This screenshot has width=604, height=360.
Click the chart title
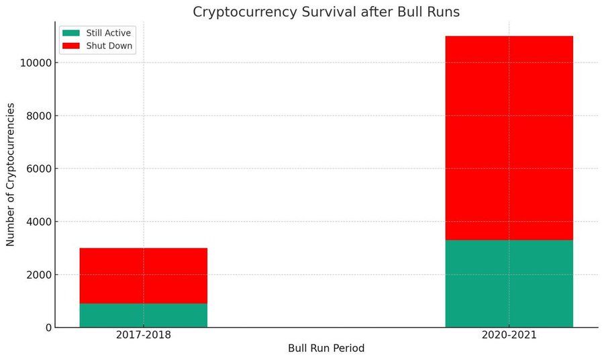(326, 12)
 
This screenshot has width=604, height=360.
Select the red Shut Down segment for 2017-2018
(143, 275)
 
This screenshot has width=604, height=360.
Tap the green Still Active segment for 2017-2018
(143, 315)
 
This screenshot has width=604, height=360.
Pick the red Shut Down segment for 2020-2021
(509, 138)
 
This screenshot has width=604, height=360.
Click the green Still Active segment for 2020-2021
(509, 283)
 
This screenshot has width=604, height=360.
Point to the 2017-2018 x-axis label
(143, 335)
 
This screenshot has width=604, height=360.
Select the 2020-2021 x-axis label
(509, 335)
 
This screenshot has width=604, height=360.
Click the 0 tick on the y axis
(47, 328)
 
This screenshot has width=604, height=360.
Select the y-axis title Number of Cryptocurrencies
(11, 174)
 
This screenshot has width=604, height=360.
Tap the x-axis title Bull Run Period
(326, 349)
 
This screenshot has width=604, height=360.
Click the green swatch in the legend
(71, 33)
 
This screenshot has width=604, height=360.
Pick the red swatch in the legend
(71, 46)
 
